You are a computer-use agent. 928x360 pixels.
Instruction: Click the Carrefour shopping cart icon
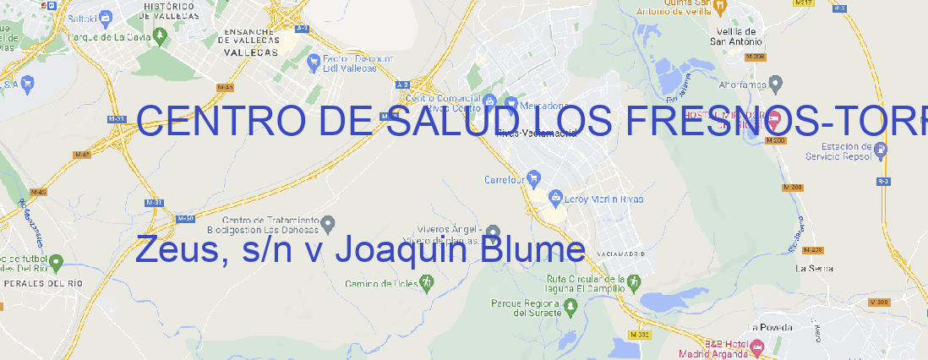click(x=534, y=179)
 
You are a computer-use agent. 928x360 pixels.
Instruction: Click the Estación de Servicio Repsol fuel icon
click(x=881, y=150)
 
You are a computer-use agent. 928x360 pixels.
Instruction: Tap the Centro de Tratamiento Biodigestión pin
click(x=328, y=223)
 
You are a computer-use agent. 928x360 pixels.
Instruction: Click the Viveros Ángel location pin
click(x=494, y=232)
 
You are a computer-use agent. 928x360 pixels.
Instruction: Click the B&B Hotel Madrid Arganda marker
click(x=757, y=346)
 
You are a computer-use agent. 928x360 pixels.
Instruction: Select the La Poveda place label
click(x=770, y=327)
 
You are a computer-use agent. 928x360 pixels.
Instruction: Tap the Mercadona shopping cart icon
click(x=510, y=102)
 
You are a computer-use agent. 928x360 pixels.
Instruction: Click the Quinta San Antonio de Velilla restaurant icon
click(x=719, y=7)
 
